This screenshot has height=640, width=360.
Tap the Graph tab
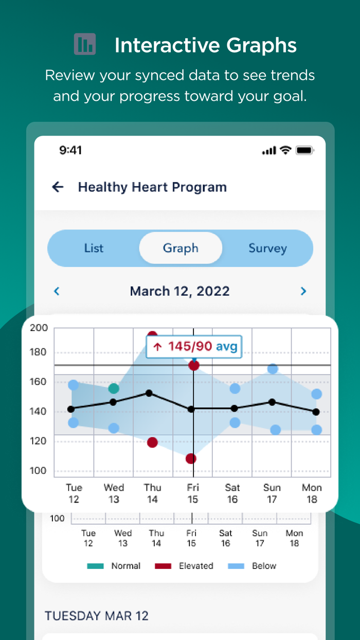point(181,248)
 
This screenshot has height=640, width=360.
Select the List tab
point(94,248)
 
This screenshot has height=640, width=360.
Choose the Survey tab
point(267,248)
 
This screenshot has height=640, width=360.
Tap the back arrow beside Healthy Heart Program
point(58,187)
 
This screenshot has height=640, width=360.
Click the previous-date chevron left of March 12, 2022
point(57,291)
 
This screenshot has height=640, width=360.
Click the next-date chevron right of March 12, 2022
point(303,291)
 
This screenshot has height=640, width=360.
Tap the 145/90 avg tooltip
point(194,346)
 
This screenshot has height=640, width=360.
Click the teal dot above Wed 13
point(114,388)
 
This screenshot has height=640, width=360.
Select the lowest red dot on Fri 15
point(191,458)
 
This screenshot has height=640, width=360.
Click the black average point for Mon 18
point(316,412)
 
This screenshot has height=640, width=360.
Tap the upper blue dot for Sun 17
point(273,369)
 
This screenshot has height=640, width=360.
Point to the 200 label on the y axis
point(39,328)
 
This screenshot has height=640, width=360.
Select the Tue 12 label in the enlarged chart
point(74,493)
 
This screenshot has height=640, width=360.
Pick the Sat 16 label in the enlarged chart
point(232,493)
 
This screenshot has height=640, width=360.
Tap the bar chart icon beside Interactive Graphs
point(85,44)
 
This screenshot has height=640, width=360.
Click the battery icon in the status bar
point(304,151)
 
